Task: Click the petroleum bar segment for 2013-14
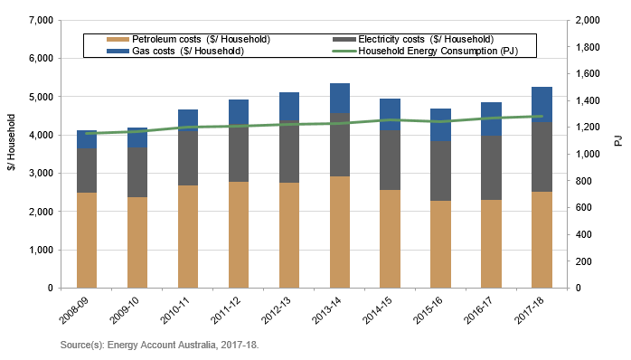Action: [340, 232]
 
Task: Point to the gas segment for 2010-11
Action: [188, 121]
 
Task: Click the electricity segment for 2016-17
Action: [491, 168]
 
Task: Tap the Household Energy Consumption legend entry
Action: [425, 51]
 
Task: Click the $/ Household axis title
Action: [10, 154]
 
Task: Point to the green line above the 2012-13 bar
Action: [289, 124]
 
